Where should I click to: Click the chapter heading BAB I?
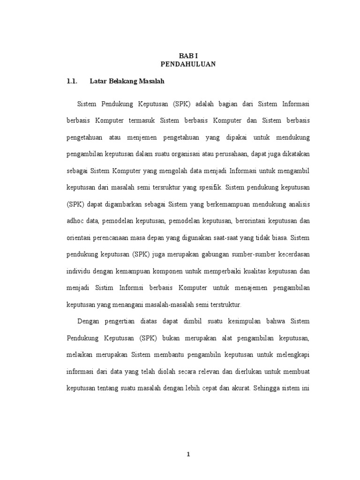(187, 55)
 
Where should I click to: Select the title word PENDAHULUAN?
(187, 64)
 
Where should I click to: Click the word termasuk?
(142, 120)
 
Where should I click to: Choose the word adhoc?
(75, 221)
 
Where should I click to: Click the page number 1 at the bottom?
(188, 454)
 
